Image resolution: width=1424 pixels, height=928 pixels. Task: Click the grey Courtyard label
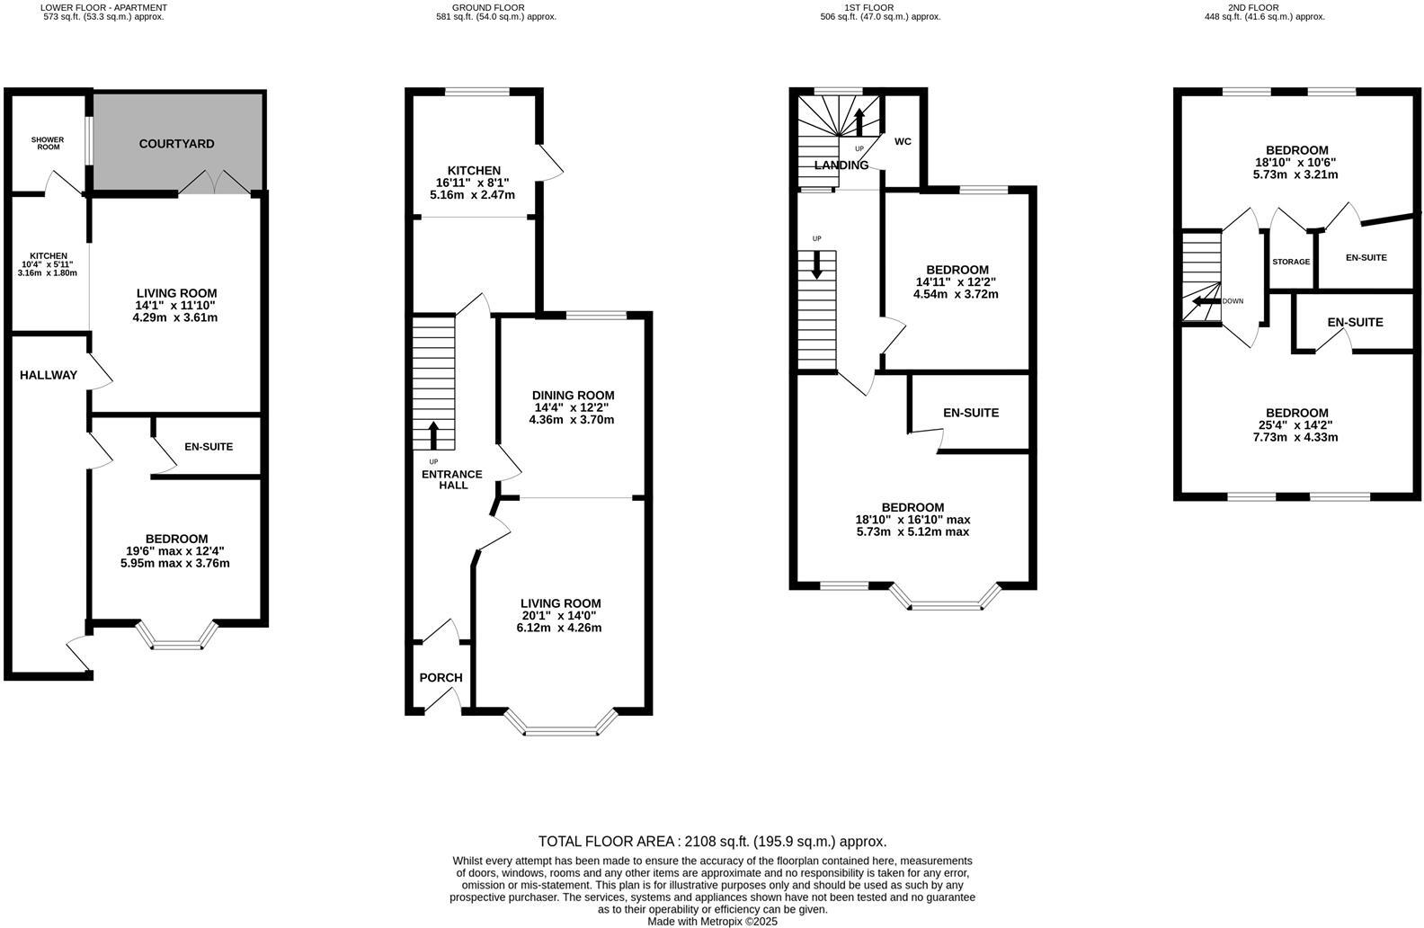point(176,144)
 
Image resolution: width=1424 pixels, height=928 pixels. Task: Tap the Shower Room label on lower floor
point(49,143)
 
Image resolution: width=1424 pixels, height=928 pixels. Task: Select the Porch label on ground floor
point(441,678)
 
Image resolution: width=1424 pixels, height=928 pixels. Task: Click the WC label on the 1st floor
point(903,141)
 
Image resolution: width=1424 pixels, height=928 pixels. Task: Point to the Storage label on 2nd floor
point(1291,262)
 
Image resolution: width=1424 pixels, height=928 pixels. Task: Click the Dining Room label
point(573,396)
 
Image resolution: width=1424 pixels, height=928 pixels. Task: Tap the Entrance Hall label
point(453,479)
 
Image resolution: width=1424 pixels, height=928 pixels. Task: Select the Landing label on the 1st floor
point(841,165)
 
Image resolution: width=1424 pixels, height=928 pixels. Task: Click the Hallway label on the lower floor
point(49,375)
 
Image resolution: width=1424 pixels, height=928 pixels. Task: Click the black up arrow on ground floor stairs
point(433,435)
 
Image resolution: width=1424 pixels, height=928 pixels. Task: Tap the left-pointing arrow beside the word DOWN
point(1203,301)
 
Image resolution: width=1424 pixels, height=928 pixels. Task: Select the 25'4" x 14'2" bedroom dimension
point(1295,425)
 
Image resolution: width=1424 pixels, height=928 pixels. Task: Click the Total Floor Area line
point(712,842)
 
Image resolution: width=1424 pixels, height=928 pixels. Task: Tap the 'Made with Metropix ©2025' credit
point(712,921)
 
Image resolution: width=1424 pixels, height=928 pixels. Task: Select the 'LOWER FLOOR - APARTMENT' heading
point(104,7)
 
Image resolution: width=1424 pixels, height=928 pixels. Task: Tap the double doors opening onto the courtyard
point(214,183)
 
